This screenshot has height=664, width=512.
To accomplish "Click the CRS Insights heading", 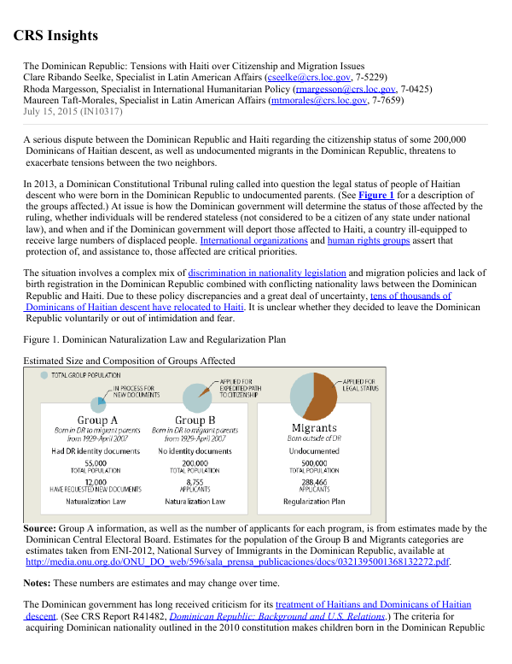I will pyautogui.click(x=55, y=36).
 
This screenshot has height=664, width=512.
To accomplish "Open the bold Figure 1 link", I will pyautogui.click(x=375, y=195).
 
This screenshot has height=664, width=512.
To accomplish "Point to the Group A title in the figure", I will pyautogui.click(x=97, y=420).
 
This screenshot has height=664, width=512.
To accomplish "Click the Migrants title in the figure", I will pyautogui.click(x=314, y=428).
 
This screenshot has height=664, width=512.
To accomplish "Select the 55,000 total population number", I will pyautogui.click(x=96, y=462).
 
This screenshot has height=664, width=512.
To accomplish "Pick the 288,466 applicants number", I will pyautogui.click(x=314, y=481).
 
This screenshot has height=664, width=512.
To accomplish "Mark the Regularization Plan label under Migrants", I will pyautogui.click(x=314, y=502).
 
